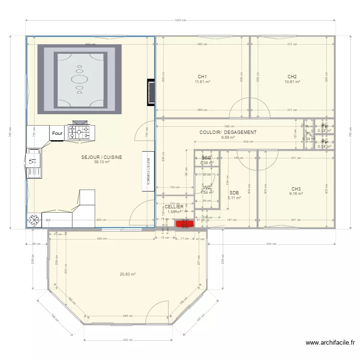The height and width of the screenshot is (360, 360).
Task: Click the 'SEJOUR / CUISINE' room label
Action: tap(102, 157)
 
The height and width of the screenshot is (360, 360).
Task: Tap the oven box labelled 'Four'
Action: tap(57, 133)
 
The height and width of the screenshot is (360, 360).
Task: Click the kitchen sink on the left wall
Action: tap(34, 161)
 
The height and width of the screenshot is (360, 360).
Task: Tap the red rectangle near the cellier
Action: tap(183, 223)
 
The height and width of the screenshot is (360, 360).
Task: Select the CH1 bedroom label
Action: tap(202, 77)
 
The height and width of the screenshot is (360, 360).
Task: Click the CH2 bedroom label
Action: tap(292, 77)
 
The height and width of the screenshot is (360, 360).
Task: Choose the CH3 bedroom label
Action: tap(296, 189)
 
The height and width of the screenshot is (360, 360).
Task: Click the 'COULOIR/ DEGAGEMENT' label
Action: tap(228, 132)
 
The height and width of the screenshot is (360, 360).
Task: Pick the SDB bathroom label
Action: tap(234, 192)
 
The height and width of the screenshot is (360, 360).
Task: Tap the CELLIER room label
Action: tap(174, 207)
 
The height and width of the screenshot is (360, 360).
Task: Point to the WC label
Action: tap(207, 188)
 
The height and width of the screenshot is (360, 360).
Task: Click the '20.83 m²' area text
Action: tap(128, 274)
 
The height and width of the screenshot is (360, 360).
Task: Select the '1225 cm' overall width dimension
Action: tap(180, 20)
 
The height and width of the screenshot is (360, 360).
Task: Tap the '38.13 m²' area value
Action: tap(102, 162)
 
